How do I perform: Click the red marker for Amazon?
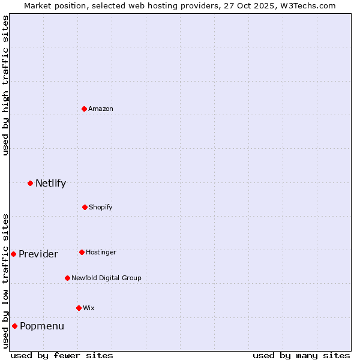point(85,109)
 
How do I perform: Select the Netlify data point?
point(30,183)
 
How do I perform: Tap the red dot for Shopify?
point(85,207)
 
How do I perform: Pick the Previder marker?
point(13,254)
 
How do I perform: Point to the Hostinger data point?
point(82,252)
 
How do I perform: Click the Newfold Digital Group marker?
point(67,278)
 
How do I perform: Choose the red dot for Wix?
point(79,308)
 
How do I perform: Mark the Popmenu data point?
point(14,326)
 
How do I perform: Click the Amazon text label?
point(101,109)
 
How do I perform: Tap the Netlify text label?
point(50,183)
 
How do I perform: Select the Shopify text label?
point(101,207)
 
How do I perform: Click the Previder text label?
point(38,254)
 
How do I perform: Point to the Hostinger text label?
point(101,252)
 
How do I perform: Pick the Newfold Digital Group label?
point(106,278)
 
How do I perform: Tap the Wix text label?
point(89,308)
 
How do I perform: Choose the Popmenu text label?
point(42,326)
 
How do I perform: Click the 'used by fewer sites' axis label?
point(62,355)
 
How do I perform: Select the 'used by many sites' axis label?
point(301,355)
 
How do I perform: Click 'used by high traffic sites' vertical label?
point(5,85)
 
